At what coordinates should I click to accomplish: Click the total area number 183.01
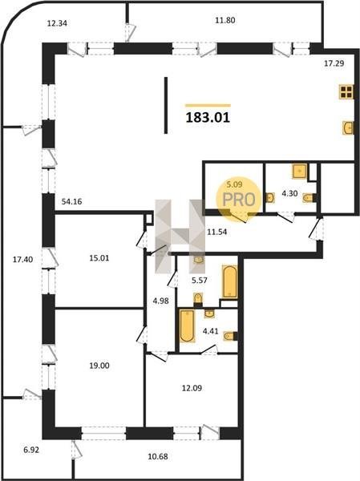pos(208,118)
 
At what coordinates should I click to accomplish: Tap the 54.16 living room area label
pos(71,201)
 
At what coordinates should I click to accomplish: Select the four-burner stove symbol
pos(346,91)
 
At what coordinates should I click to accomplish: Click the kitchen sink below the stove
pos(348,127)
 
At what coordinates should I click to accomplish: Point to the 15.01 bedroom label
pos(99,258)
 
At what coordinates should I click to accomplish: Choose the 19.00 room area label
pos(99,366)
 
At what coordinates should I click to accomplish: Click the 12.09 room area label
pos(192,388)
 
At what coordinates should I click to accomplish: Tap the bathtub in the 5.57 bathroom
pos(229,281)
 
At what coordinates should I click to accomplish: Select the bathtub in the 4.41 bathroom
pos(187,325)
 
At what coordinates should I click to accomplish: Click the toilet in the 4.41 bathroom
pos(230,336)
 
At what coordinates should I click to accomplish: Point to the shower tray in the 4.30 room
pos(300,172)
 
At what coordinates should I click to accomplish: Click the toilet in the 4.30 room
pos(309,198)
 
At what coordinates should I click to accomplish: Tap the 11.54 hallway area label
pos(217,232)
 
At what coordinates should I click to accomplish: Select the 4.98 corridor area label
pos(161,301)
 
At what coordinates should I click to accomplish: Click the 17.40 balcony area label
pos(22,260)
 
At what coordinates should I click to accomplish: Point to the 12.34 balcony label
pos(57,23)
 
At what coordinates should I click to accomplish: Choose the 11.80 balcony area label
pos(225,20)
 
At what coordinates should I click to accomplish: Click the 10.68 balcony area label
pos(158,456)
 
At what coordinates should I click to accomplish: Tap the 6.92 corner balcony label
pos(31,451)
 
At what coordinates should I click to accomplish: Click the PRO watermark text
pos(239,200)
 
